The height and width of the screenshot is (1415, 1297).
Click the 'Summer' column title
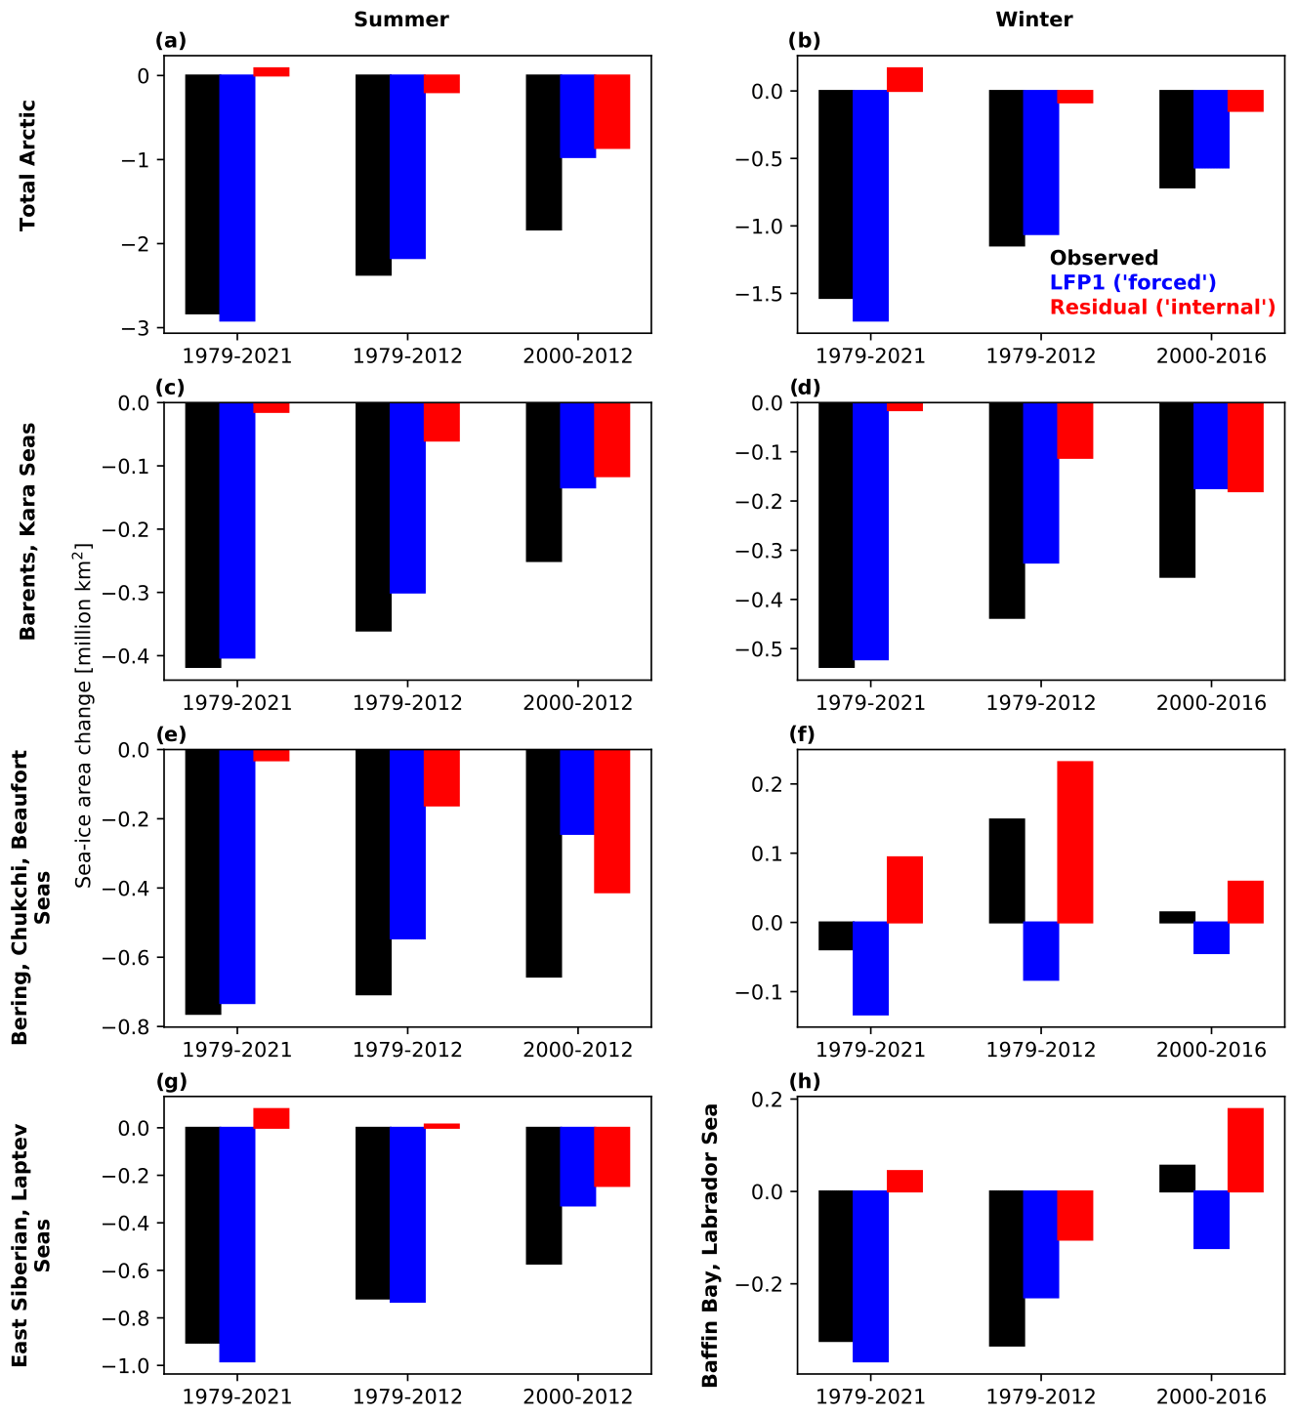point(401,19)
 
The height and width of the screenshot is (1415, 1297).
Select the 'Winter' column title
point(1034,19)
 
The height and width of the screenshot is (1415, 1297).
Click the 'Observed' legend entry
point(1104,258)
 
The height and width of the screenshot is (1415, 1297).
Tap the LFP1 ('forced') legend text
point(1133,282)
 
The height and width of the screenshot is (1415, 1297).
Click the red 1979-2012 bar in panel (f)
point(1074,842)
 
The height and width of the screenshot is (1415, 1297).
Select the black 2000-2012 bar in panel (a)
point(543,152)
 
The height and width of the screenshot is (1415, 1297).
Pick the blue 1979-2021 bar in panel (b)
point(870,205)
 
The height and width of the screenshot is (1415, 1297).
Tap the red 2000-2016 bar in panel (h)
point(1245,1149)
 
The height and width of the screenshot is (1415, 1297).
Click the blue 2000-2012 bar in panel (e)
point(577,792)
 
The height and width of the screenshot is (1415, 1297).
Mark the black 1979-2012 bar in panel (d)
point(1007,511)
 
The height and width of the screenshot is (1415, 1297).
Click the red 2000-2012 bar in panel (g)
point(611,1157)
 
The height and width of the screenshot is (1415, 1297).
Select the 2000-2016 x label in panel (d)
point(1211,702)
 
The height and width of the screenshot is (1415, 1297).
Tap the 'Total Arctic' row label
point(27,164)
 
